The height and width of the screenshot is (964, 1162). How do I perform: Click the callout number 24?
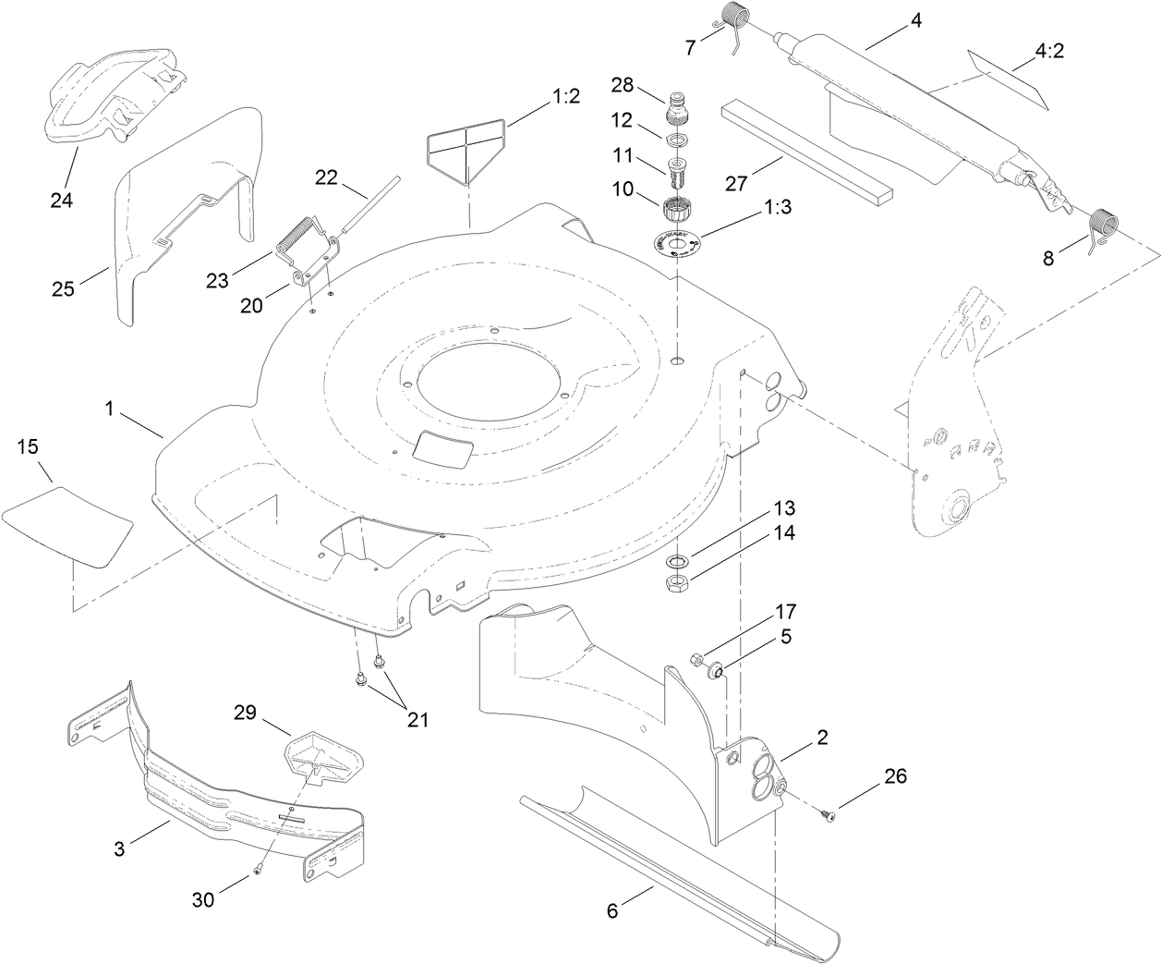(x=62, y=173)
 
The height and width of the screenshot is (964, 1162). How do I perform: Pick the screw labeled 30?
(x=260, y=869)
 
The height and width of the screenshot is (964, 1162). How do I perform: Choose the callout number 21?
(x=418, y=720)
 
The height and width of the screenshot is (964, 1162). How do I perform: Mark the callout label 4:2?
(x=1049, y=52)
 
